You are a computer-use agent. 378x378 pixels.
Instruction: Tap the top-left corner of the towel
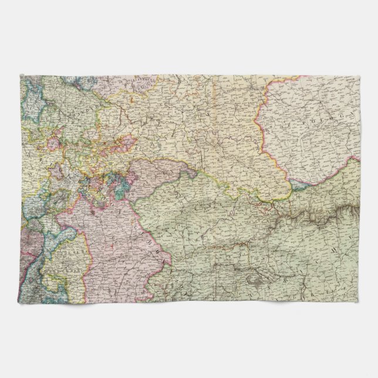pos(21,75)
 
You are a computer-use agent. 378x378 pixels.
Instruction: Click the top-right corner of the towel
pos(360,75)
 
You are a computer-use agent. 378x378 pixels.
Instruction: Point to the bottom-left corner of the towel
pos(21,302)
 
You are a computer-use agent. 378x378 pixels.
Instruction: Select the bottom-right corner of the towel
pos(360,302)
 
